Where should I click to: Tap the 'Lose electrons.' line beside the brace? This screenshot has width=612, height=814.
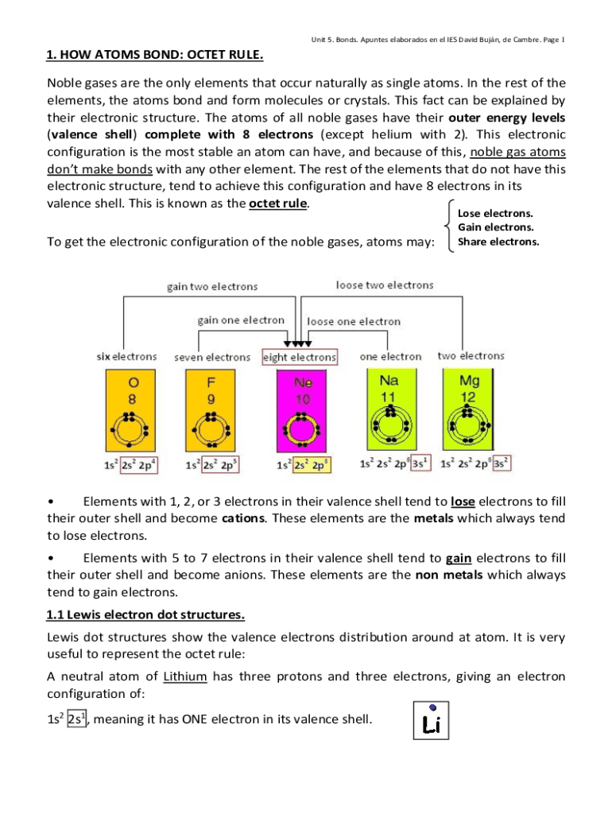(x=495, y=213)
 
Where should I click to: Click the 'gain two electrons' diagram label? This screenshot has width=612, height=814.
(x=211, y=286)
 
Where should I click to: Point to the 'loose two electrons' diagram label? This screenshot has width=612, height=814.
(x=385, y=285)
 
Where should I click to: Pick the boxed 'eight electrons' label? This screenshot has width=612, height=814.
(x=300, y=358)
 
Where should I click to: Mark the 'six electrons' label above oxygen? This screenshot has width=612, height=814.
(x=127, y=357)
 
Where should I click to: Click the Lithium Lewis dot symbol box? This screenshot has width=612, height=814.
(x=432, y=720)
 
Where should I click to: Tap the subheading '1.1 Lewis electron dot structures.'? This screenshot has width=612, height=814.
(x=145, y=614)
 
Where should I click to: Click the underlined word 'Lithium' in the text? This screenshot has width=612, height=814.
(x=184, y=677)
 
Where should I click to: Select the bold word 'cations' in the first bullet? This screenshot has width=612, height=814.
(x=243, y=518)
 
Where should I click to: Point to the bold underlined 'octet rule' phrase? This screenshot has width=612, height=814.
(x=277, y=203)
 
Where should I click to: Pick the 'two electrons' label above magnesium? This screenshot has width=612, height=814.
(x=471, y=356)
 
